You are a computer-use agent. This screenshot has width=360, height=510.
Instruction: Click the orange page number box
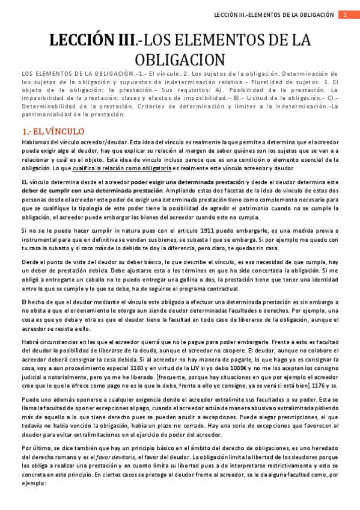coord(346,14)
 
